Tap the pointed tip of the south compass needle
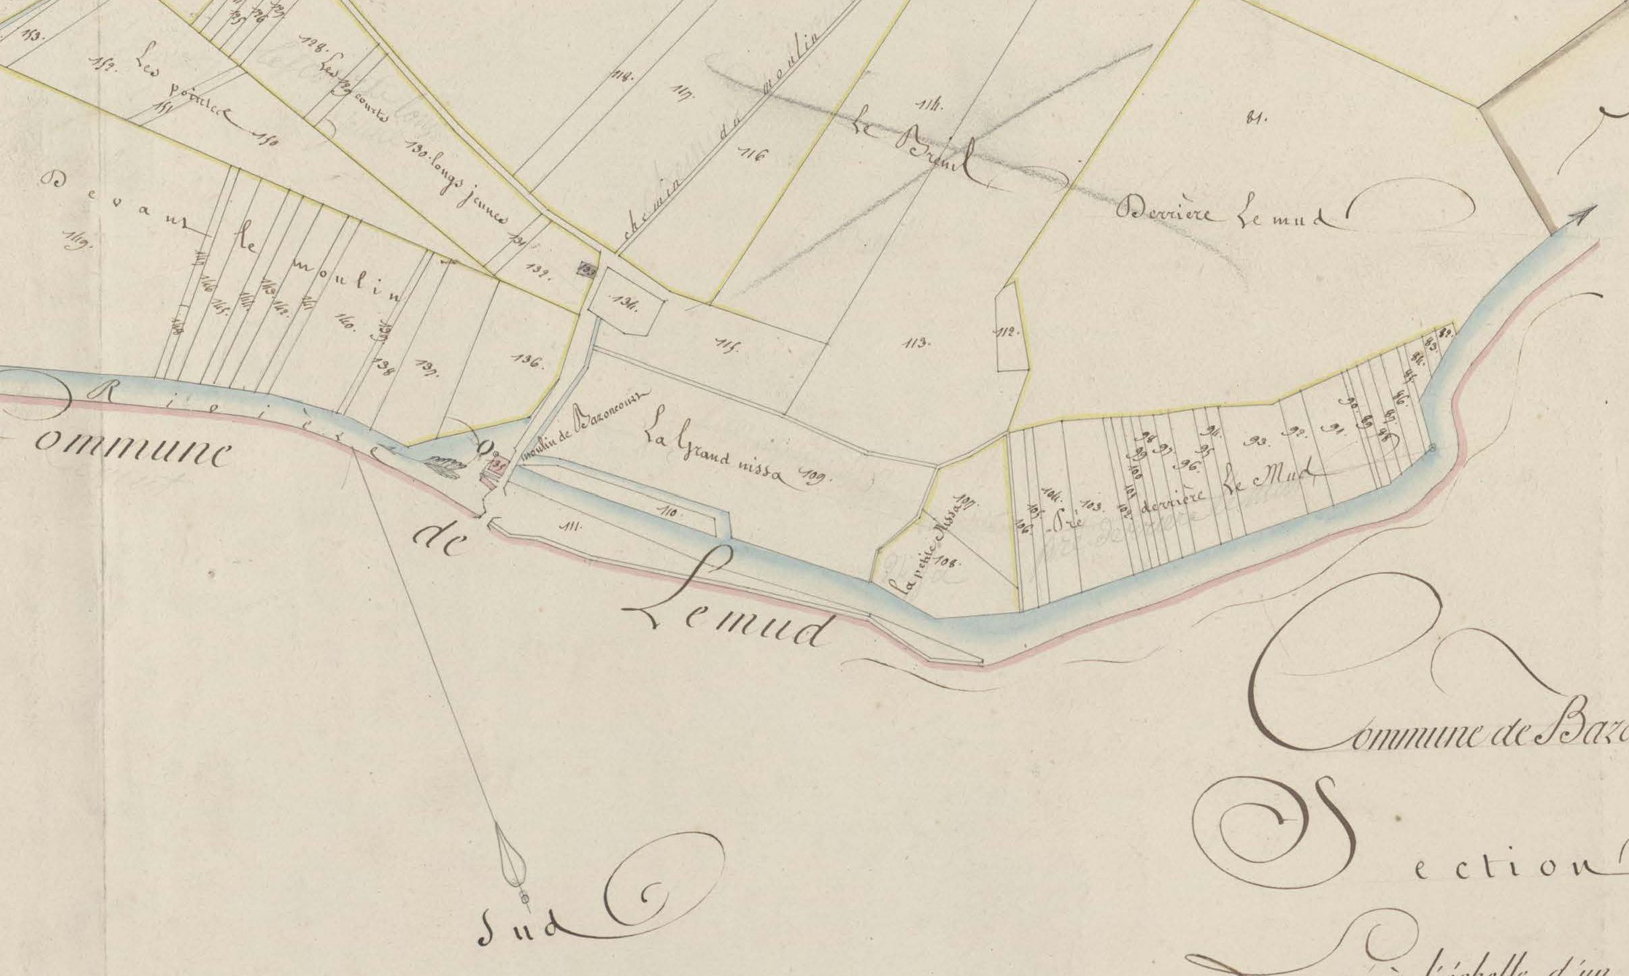click(524, 905)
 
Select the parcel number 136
click(527, 361)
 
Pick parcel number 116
click(754, 156)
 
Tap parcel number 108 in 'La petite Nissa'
click(950, 561)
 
